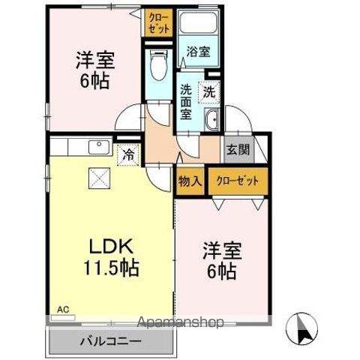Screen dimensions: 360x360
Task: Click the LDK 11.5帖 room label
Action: click(113, 257)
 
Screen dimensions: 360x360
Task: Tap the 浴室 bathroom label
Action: click(199, 53)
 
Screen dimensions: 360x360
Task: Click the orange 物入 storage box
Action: click(189, 181)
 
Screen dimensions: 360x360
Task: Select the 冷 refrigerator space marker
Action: click(129, 156)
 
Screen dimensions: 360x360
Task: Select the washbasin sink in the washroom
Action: click(211, 119)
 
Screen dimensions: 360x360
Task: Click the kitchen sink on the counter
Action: click(97, 145)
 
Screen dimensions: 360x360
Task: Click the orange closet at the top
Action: click(158, 22)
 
